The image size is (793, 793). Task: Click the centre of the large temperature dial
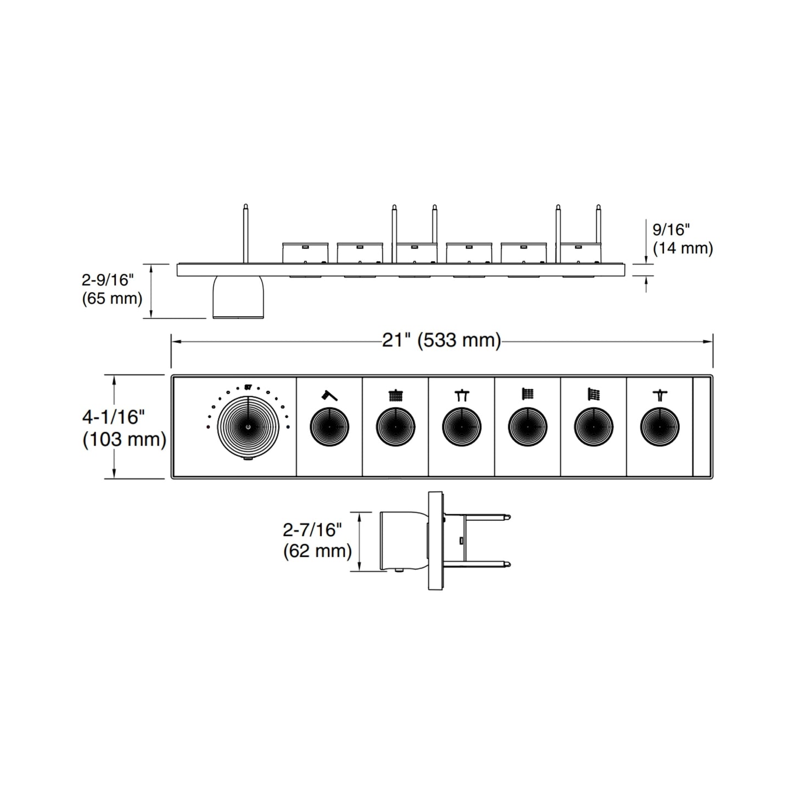coord(248,427)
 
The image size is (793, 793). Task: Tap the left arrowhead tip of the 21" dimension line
coord(171,341)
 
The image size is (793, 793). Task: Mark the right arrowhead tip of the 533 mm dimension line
coord(713,341)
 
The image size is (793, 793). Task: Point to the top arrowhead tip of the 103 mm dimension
coord(114,375)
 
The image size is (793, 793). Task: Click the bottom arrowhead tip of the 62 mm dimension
coord(360,571)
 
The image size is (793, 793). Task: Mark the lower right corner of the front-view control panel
coord(713,479)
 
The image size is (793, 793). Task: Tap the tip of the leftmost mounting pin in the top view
coord(246,205)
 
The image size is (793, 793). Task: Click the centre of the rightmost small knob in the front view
coord(660,427)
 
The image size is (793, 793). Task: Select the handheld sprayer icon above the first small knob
coord(329,395)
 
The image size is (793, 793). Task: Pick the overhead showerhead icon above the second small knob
coord(396,395)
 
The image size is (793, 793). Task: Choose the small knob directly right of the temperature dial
coord(329,427)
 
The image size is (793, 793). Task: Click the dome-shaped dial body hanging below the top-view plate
coord(238,297)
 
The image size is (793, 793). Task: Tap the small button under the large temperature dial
coord(248,458)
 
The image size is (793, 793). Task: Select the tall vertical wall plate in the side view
coord(435,541)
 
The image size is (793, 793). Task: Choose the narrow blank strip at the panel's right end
coord(702,427)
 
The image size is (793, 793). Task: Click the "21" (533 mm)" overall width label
coord(442,340)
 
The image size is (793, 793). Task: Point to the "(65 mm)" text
coord(112,298)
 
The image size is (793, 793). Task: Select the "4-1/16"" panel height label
coord(114,417)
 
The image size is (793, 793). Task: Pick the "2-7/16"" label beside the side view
coord(312,530)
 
